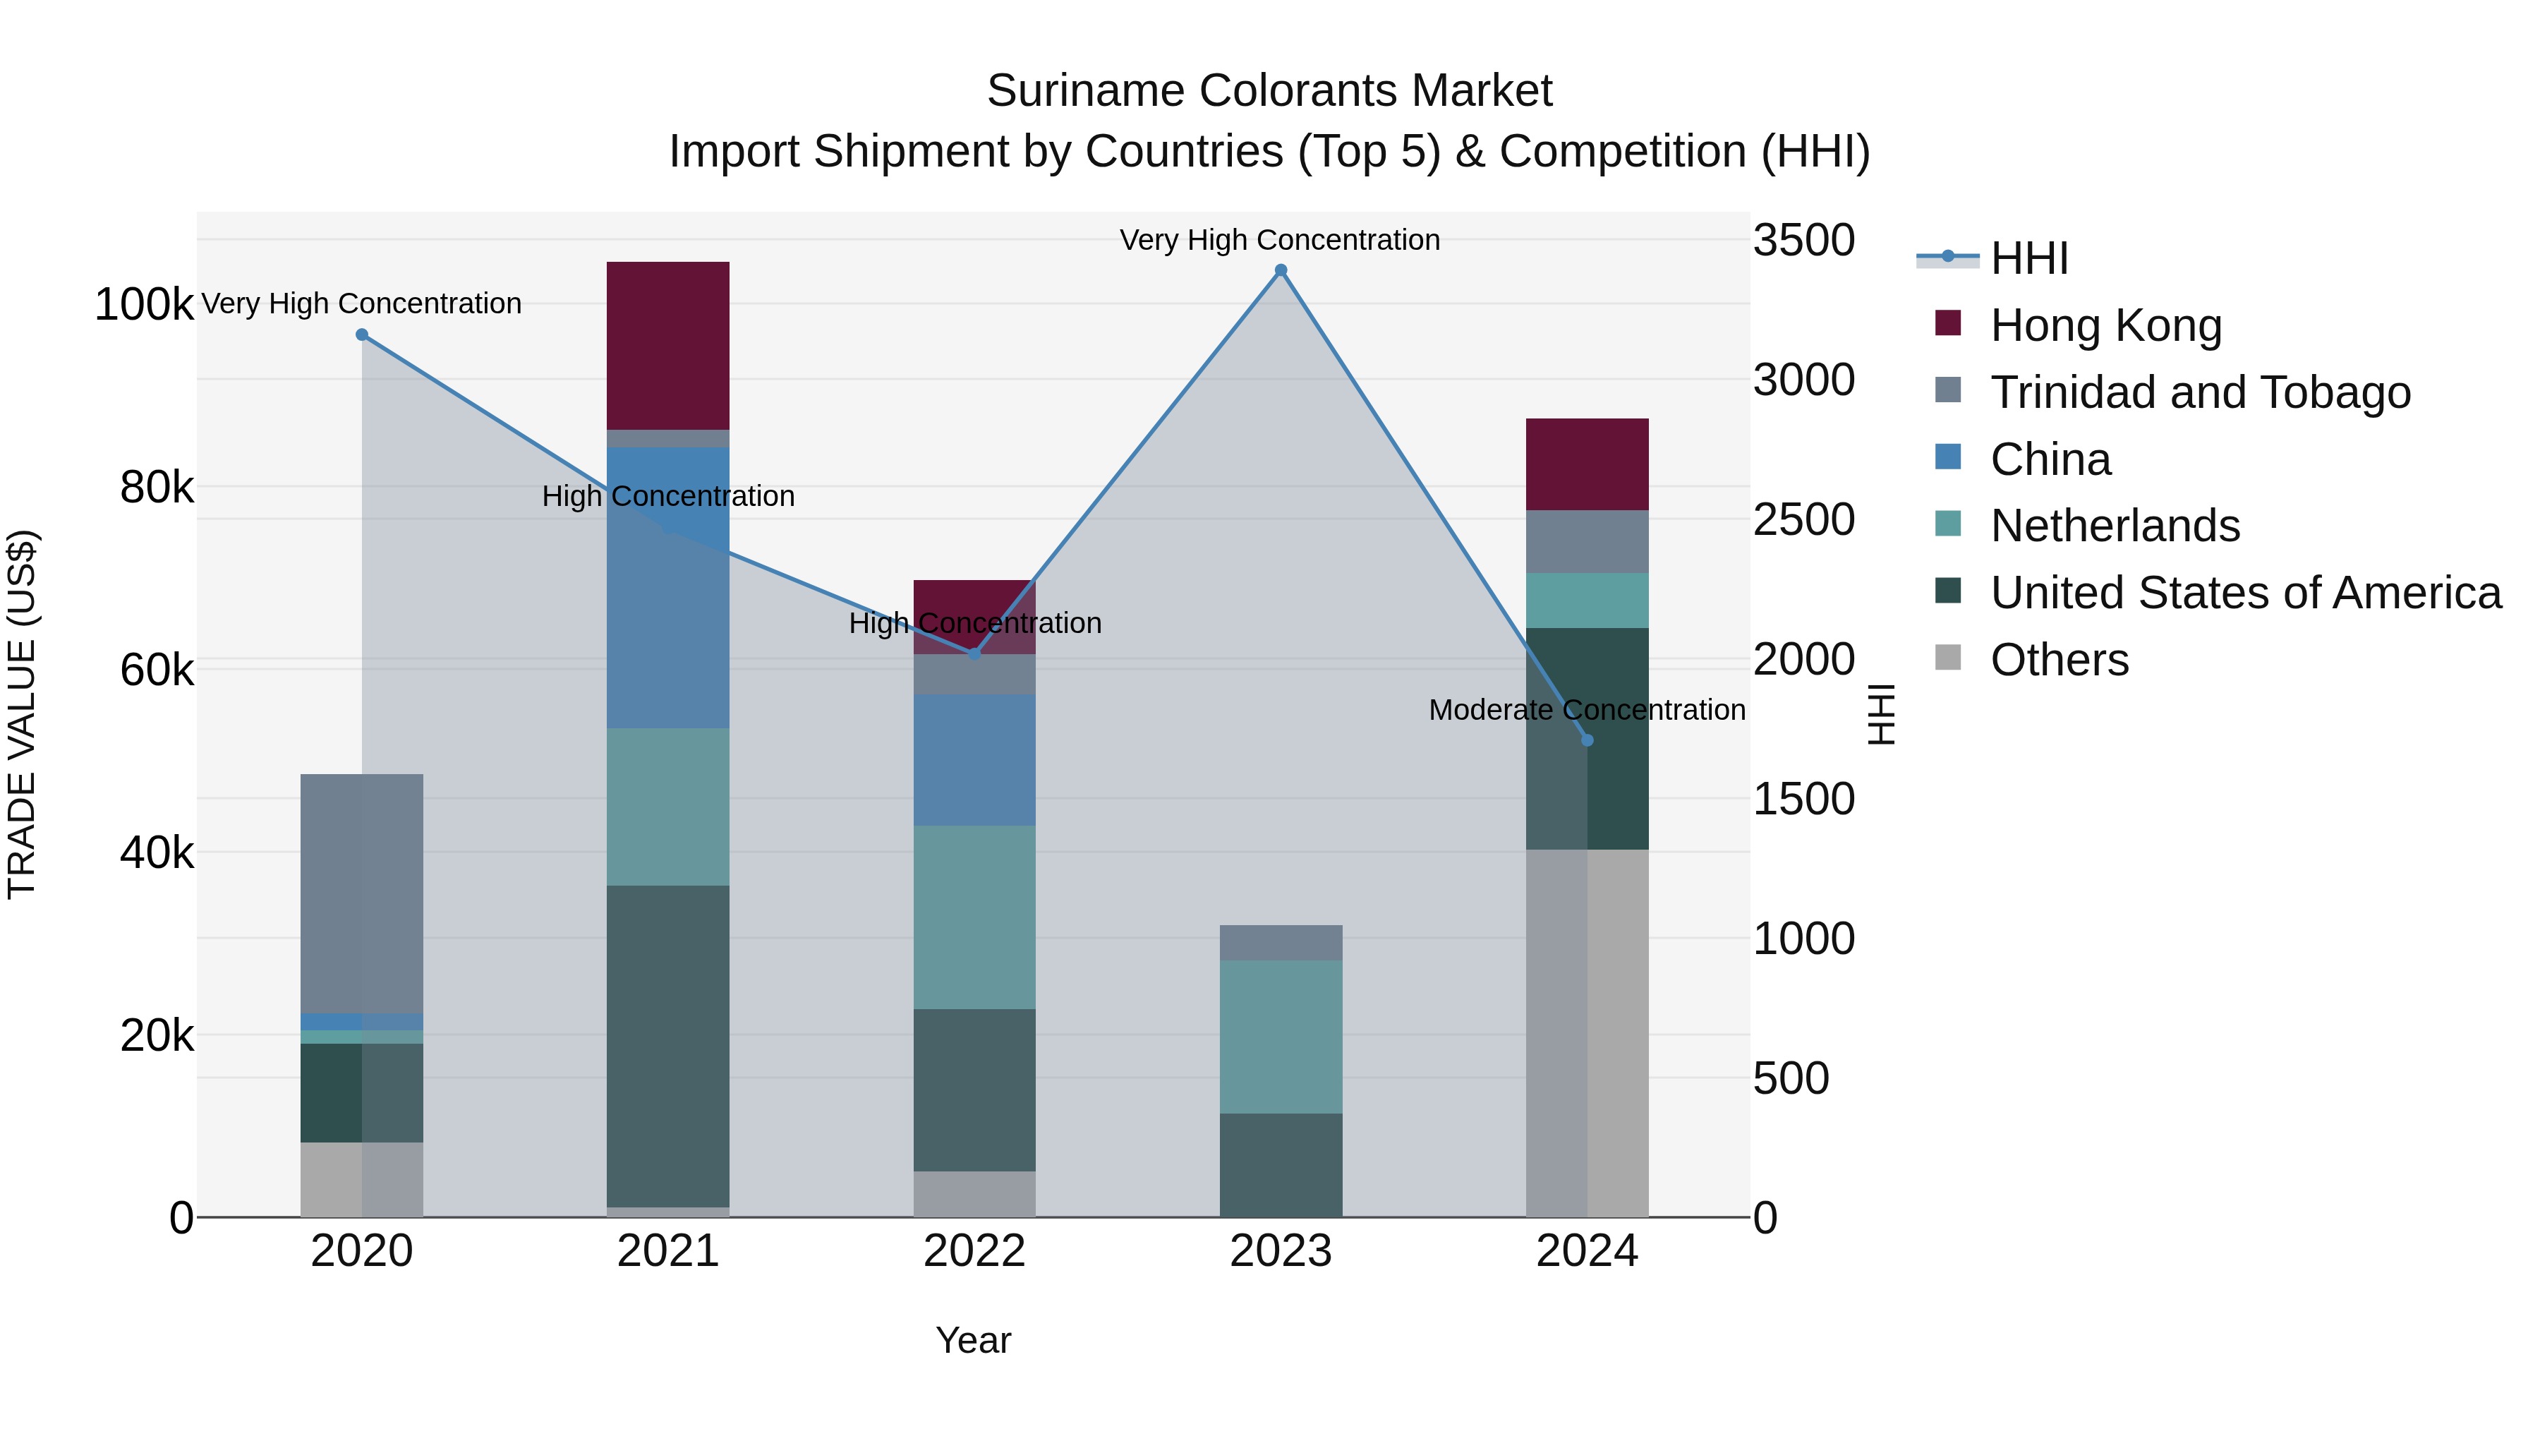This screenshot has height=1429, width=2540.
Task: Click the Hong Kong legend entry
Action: pos(2105,325)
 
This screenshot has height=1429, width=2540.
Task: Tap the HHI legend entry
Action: pos(2029,258)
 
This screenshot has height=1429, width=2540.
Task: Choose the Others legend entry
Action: pos(2059,660)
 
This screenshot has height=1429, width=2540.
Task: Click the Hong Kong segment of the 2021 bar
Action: pos(667,345)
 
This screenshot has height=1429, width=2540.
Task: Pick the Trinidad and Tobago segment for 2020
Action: pos(362,893)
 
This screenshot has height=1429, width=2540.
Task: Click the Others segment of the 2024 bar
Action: pos(1587,1032)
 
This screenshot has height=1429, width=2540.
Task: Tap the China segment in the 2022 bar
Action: pos(974,759)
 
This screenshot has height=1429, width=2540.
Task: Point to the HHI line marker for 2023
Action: pos(1281,270)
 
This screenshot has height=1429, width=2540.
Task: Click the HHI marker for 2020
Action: pos(362,335)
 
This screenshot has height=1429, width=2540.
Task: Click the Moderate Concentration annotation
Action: pos(1587,710)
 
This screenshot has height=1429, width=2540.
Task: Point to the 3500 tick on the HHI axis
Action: pos(1803,241)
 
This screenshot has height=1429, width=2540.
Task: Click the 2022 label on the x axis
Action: pos(974,1251)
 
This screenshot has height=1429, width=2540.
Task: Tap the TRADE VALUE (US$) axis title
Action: pos(22,714)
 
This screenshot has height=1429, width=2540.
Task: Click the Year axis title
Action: pos(973,1340)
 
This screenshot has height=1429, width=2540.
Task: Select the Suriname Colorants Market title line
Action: pos(1269,91)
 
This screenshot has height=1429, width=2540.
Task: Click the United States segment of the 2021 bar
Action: pos(667,1045)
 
